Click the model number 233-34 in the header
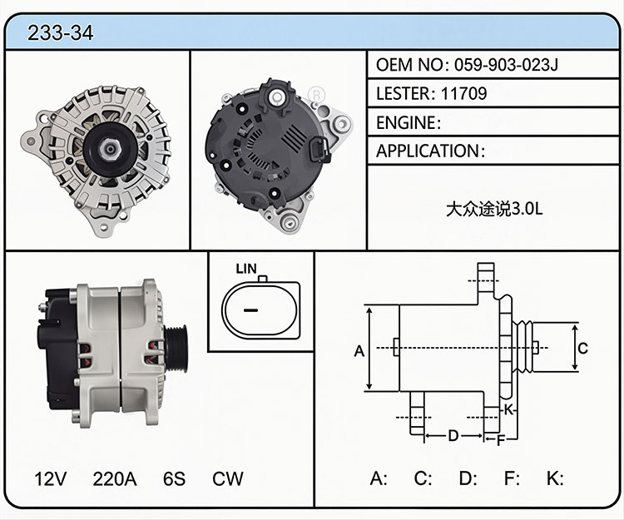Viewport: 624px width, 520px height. pyautogui.click(x=60, y=32)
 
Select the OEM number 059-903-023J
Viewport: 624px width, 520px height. pyautogui.click(x=506, y=64)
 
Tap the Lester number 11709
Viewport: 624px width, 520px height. pyautogui.click(x=463, y=93)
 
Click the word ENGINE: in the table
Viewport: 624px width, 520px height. pyautogui.click(x=409, y=122)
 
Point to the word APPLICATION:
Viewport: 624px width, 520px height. pyautogui.click(x=431, y=151)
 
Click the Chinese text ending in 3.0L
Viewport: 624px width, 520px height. pyautogui.click(x=494, y=209)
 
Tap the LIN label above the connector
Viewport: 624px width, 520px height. pyautogui.click(x=246, y=269)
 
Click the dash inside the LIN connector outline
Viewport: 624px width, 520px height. pyautogui.click(x=250, y=310)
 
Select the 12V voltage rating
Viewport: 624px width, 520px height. pyautogui.click(x=50, y=478)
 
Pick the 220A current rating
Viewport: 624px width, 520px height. pyautogui.click(x=115, y=478)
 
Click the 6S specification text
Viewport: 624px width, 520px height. pyautogui.click(x=175, y=478)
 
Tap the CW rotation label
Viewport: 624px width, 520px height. pyautogui.click(x=227, y=478)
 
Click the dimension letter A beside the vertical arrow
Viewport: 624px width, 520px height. pyautogui.click(x=359, y=351)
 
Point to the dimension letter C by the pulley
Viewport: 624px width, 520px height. pyautogui.click(x=582, y=348)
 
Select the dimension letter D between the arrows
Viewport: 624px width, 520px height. pyautogui.click(x=453, y=436)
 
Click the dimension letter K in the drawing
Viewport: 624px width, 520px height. pyautogui.click(x=508, y=409)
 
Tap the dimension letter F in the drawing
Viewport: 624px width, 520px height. pyautogui.click(x=501, y=440)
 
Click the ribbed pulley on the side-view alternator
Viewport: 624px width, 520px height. pyautogui.click(x=176, y=348)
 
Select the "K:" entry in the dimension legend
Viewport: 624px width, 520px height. pyautogui.click(x=555, y=478)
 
